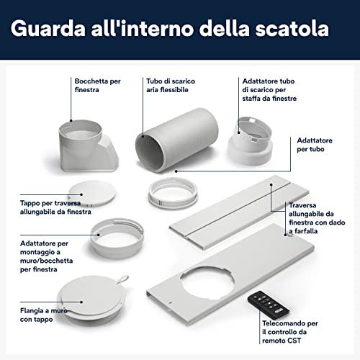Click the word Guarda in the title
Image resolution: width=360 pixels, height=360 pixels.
pos(48,29)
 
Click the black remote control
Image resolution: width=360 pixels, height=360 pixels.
pos(269,303)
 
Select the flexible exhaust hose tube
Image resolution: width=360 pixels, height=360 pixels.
pos(177,140)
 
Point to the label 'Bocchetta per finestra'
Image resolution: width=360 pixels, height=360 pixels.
pos(97,85)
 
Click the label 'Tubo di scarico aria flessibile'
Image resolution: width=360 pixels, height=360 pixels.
pos(171,85)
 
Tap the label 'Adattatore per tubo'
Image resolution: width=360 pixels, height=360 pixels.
pos(315,145)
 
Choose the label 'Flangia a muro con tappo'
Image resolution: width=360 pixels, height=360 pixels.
pos(44,315)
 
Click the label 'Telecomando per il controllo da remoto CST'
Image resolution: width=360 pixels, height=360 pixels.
pos(290,332)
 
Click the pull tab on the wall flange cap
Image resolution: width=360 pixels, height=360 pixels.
pos(123,279)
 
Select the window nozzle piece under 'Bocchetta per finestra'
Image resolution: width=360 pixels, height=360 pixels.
pos(89,146)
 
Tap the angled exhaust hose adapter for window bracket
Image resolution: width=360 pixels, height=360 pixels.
pos(250,141)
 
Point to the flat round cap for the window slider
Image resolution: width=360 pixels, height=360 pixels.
pos(92,193)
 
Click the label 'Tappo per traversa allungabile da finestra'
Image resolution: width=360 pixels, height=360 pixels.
pos(55,207)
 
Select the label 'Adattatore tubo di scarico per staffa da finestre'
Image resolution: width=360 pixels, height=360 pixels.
pos(269,89)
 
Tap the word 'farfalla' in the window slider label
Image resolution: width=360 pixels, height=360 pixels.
pos(306,231)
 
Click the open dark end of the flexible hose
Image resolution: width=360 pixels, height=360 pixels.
pos(148,153)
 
